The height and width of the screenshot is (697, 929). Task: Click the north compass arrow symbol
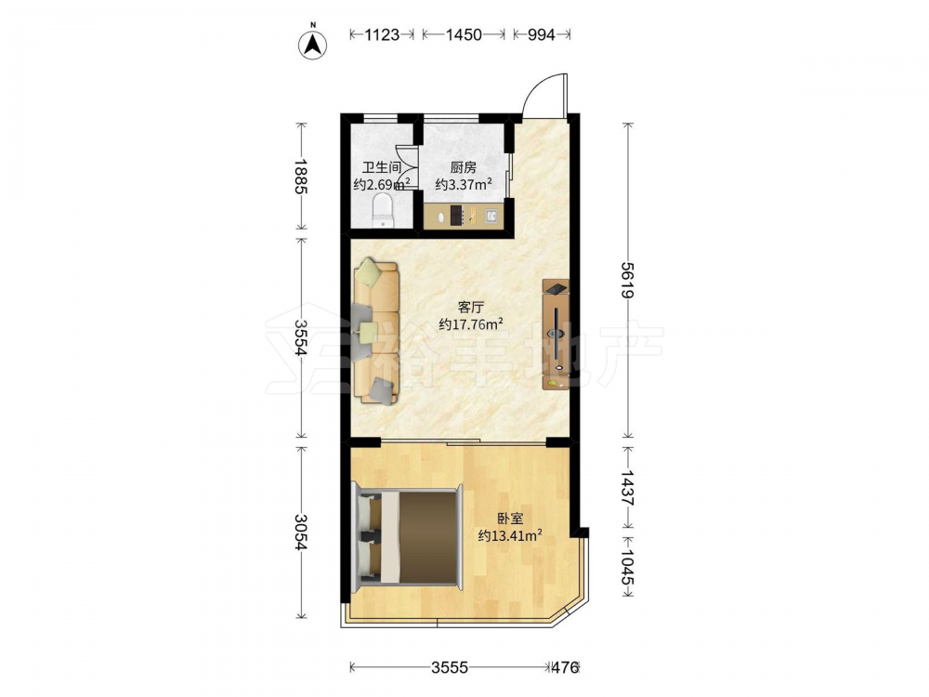click(313, 43)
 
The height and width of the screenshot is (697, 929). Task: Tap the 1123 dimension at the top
click(382, 35)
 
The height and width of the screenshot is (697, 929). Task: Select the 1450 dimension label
click(464, 35)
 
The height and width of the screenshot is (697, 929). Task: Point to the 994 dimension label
click(541, 35)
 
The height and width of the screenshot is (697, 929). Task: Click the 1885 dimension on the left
click(302, 176)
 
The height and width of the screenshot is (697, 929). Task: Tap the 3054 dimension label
click(302, 532)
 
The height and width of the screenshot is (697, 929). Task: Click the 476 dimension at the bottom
click(565, 668)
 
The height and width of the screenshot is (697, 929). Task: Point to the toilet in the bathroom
click(384, 212)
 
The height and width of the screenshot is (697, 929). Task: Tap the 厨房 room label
click(464, 167)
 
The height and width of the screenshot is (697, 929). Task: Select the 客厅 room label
click(471, 308)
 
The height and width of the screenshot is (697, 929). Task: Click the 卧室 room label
click(510, 519)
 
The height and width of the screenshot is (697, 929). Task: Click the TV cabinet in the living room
click(556, 335)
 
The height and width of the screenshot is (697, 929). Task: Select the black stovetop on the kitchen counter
click(457, 215)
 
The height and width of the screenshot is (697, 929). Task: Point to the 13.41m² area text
click(510, 536)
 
